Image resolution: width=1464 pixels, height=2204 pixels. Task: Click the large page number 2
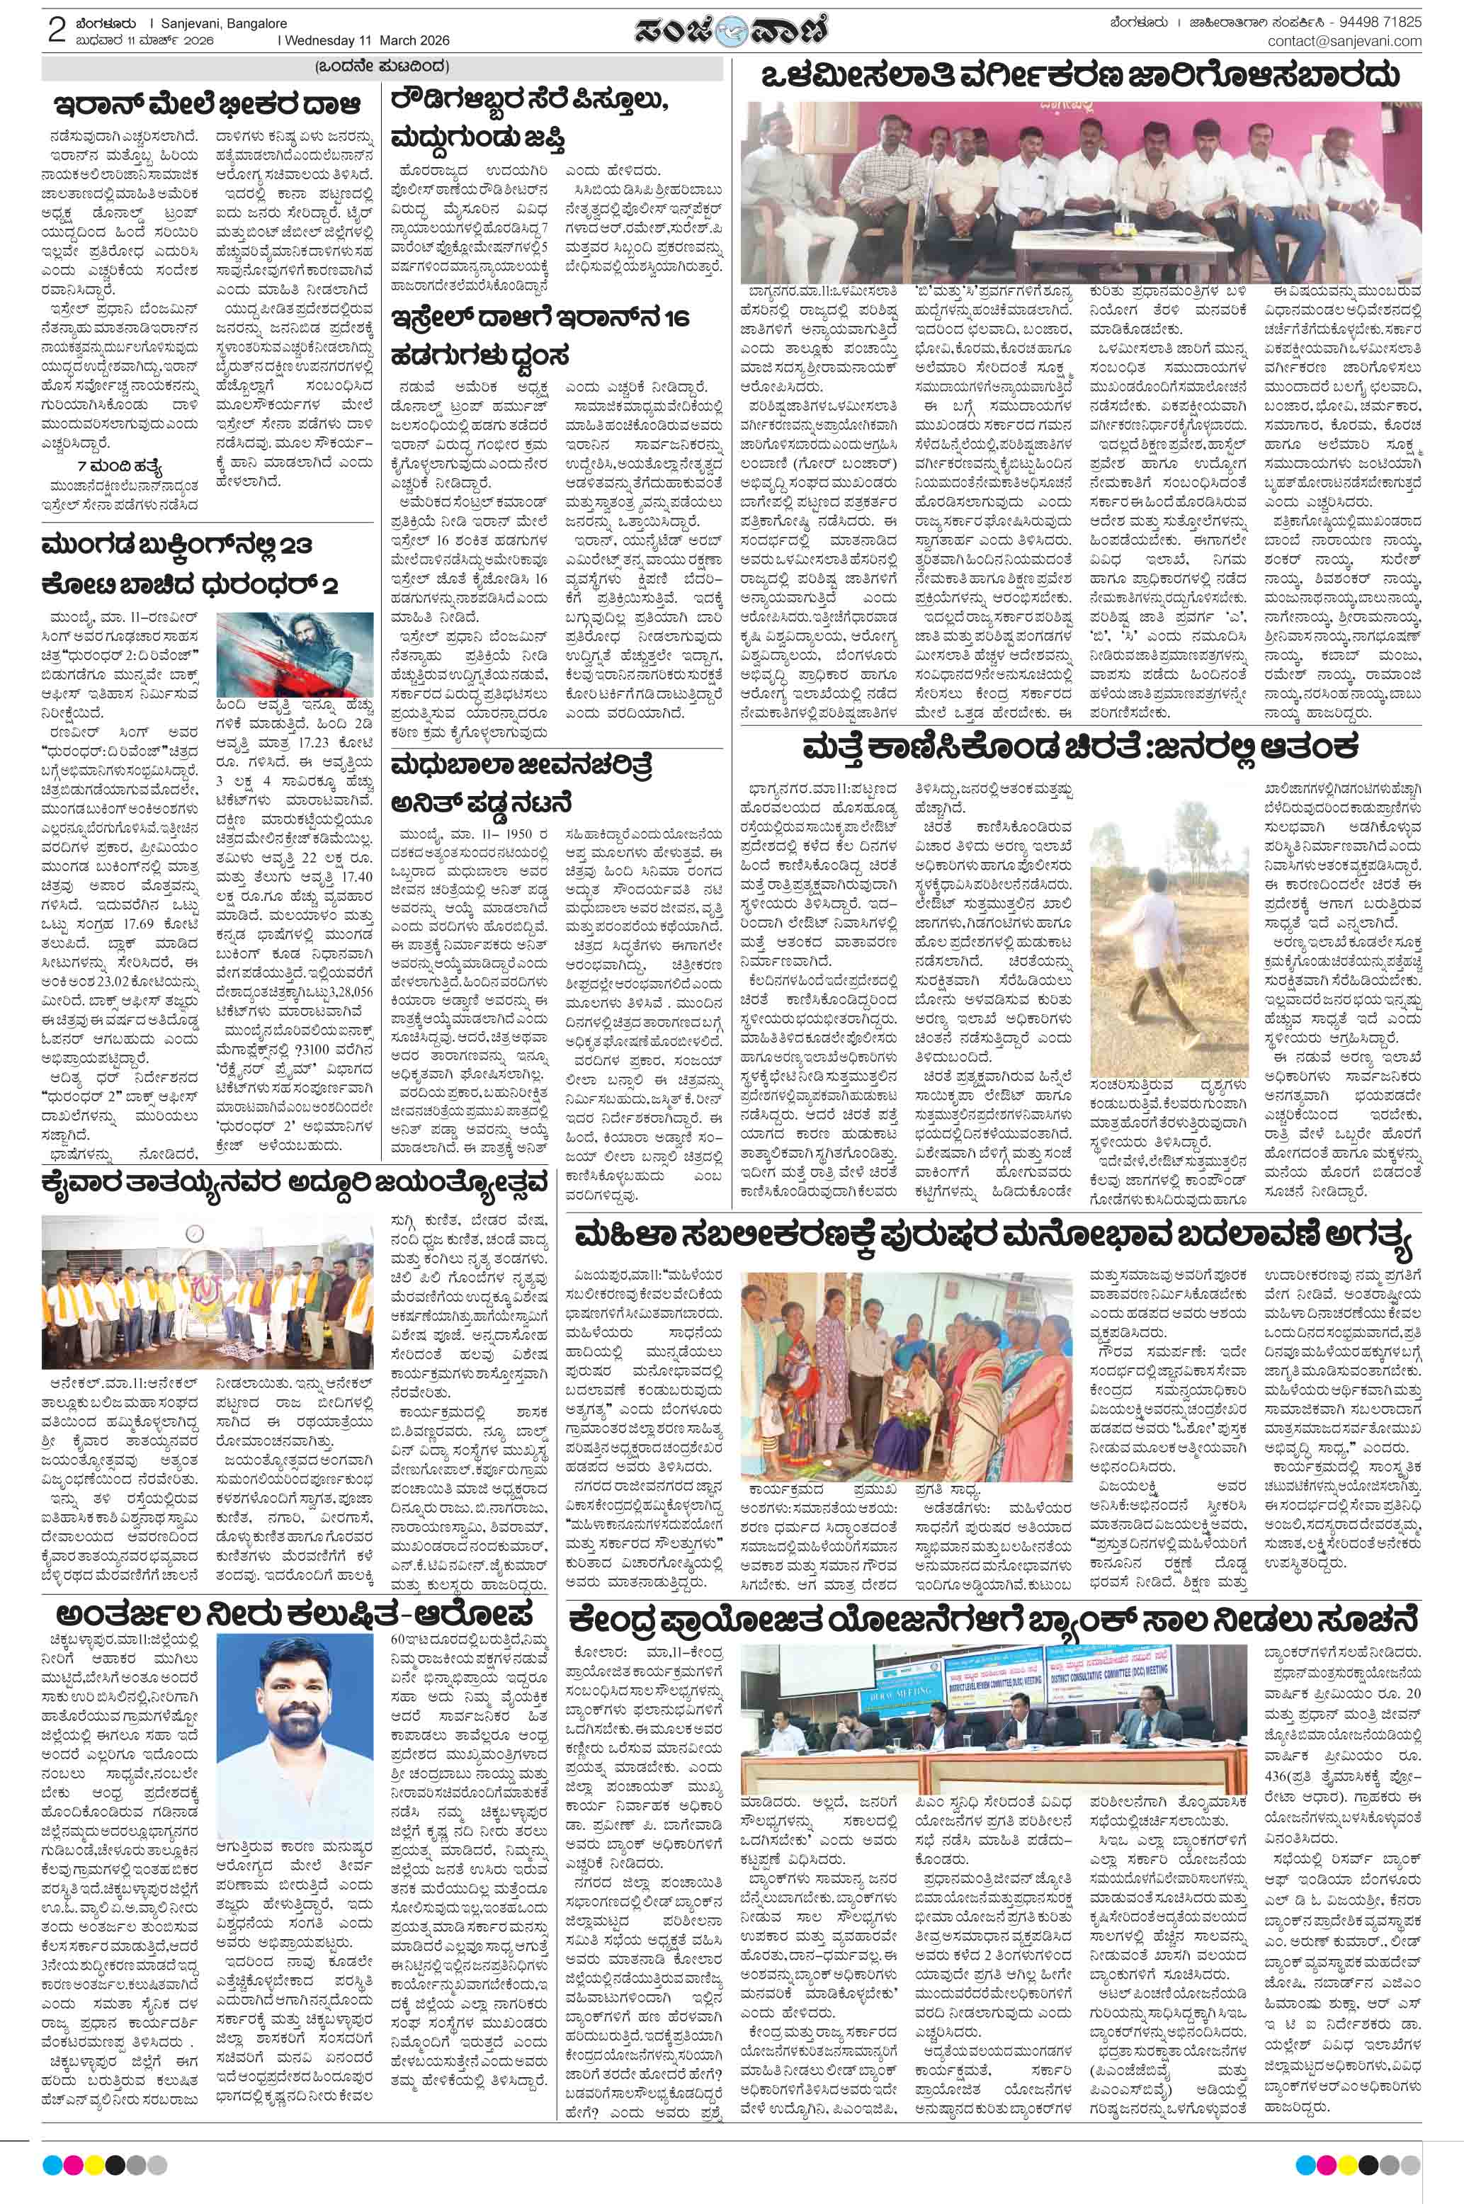coord(56,30)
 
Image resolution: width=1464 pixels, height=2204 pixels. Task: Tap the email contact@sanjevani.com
coord(1344,41)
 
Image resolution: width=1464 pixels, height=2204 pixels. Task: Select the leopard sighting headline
coord(1083,748)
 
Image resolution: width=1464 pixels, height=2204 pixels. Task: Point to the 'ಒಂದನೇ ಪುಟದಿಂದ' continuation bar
coord(382,67)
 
